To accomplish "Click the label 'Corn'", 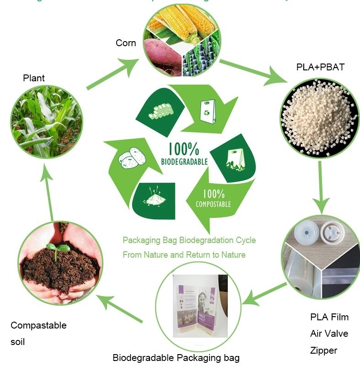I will click(125, 43).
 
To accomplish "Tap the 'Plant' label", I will click(34, 78).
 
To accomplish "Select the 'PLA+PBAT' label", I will click(320, 68).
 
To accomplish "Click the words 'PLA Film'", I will click(329, 317).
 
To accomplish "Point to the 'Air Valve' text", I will click(329, 334).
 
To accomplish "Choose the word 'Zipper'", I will click(323, 350).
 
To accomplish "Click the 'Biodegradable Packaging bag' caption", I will click(176, 357).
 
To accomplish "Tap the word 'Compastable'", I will click(38, 325).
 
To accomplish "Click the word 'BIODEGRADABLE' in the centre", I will click(184, 161).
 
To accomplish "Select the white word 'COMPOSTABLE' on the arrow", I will click(213, 204).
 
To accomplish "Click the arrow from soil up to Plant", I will click(47, 191).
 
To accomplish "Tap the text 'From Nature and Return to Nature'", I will click(184, 255).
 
